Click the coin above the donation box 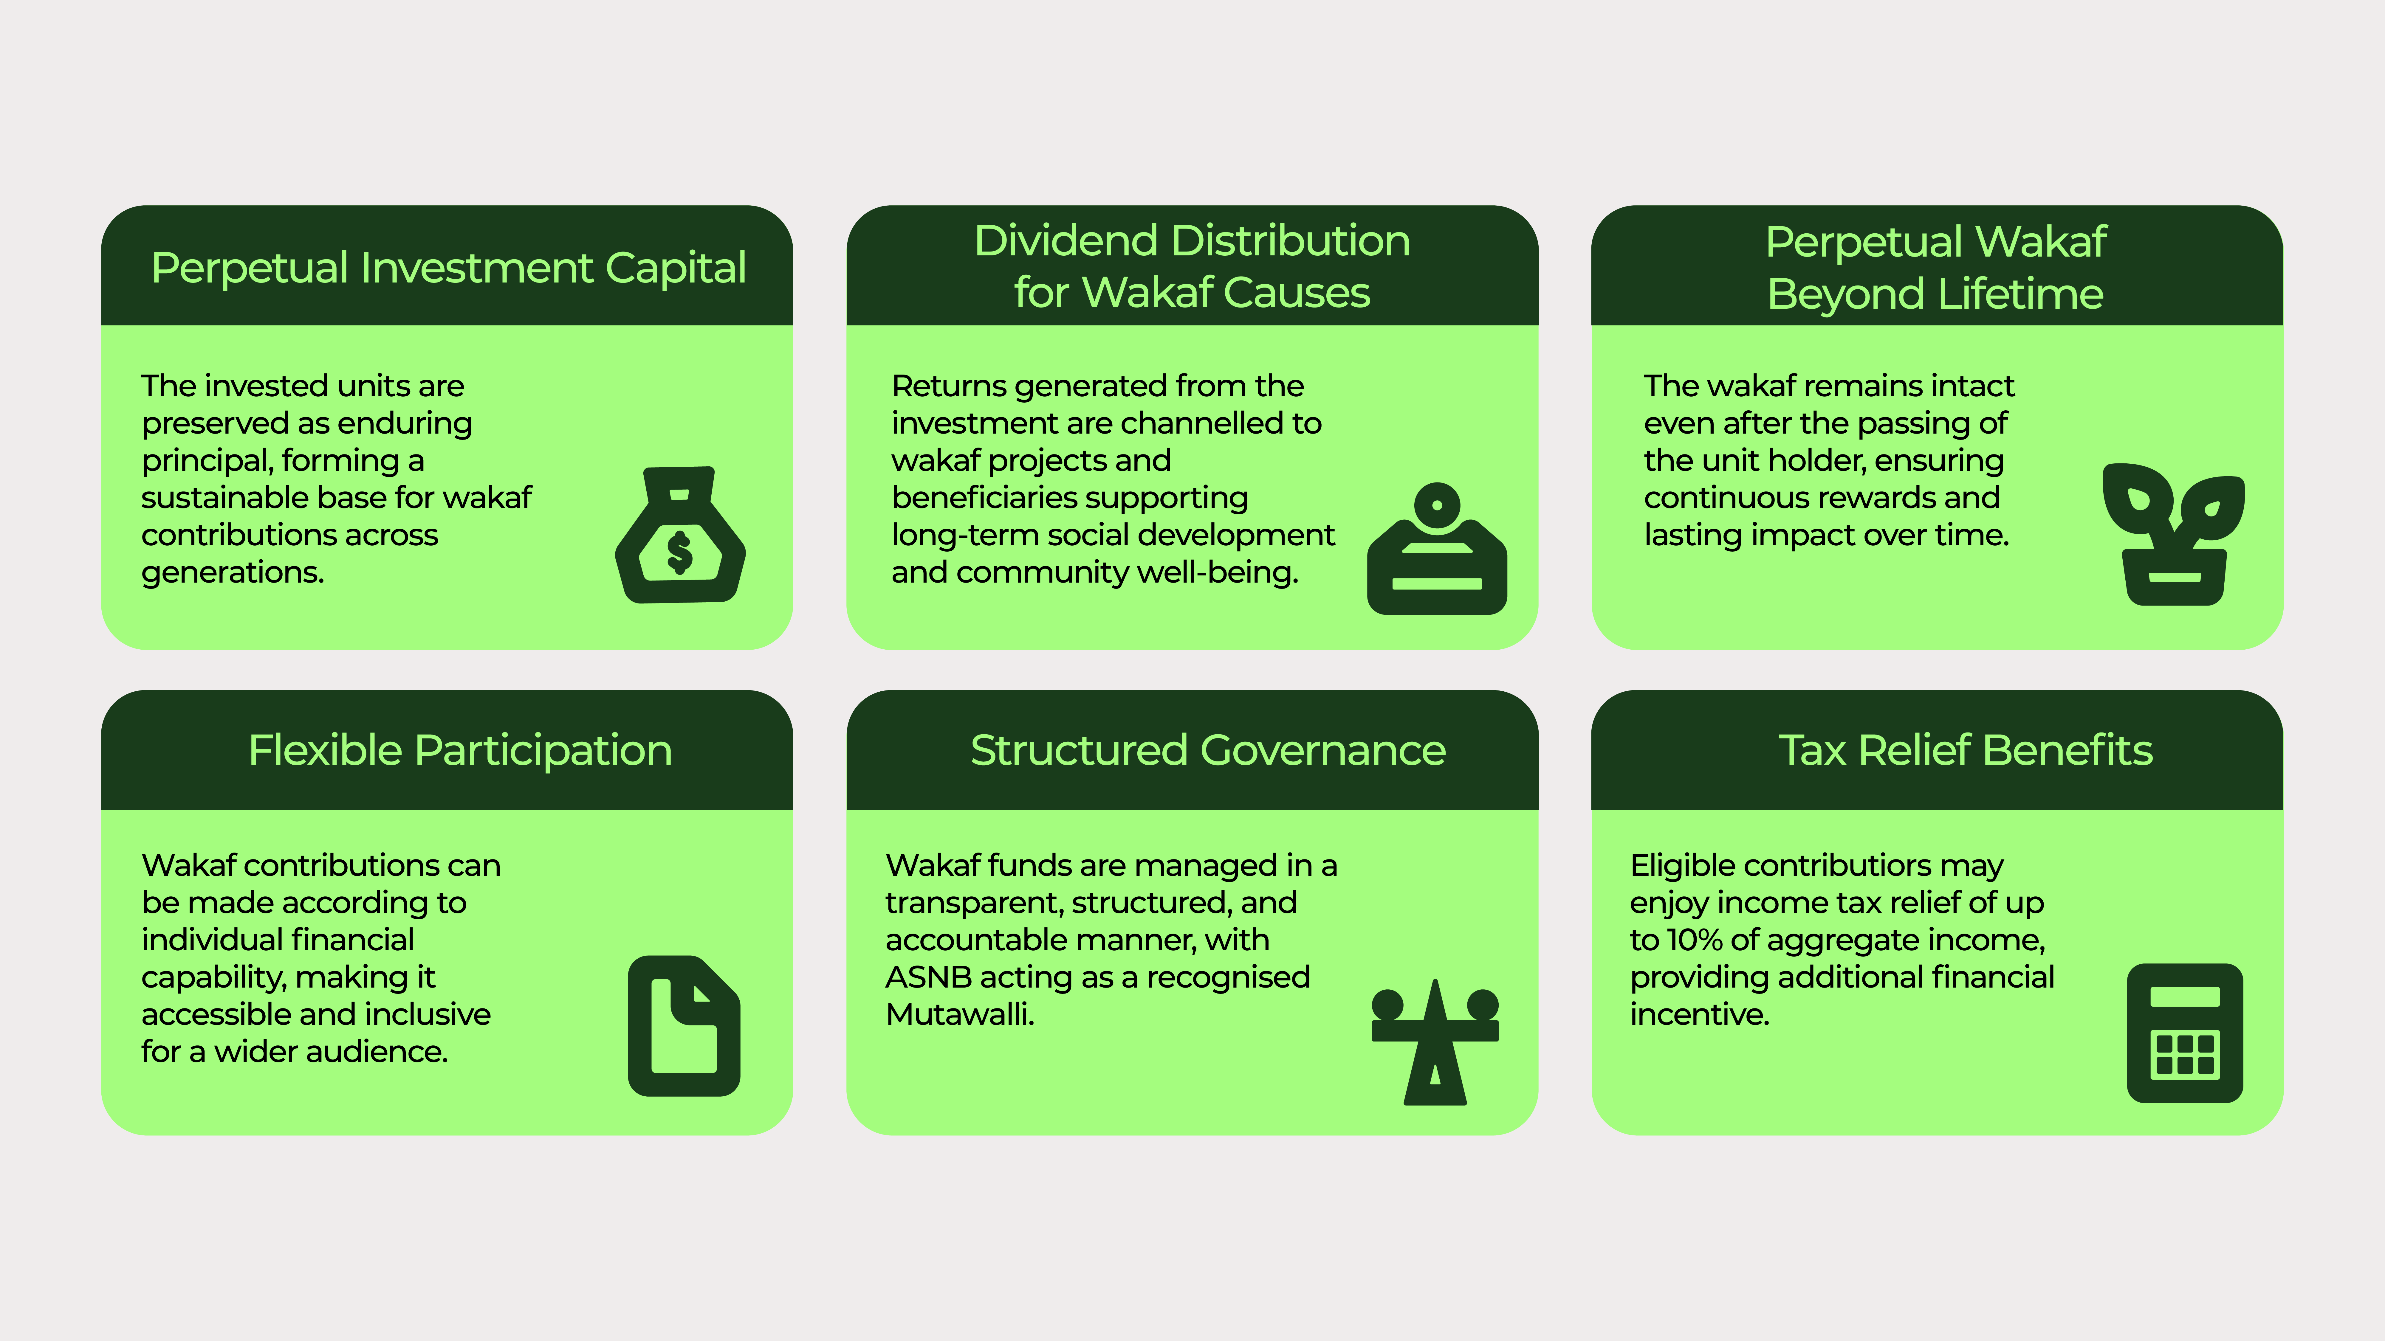pyautogui.click(x=1437, y=505)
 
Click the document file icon pyautogui.click(x=684, y=1025)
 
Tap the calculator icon pyautogui.click(x=2185, y=1033)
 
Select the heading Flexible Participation pyautogui.click(x=460, y=751)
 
